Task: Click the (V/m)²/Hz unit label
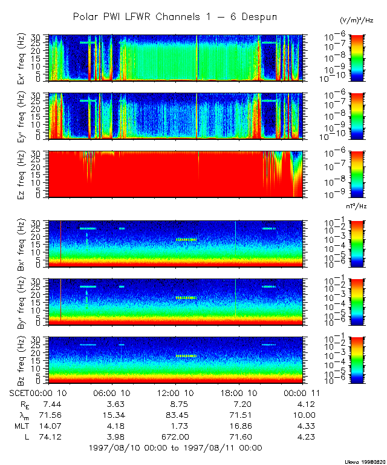coord(357,21)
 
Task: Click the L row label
coord(24,437)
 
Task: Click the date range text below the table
coord(175,448)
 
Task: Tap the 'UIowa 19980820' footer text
coord(360,461)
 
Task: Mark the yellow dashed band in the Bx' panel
coord(187,239)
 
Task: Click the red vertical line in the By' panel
coord(61,300)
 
